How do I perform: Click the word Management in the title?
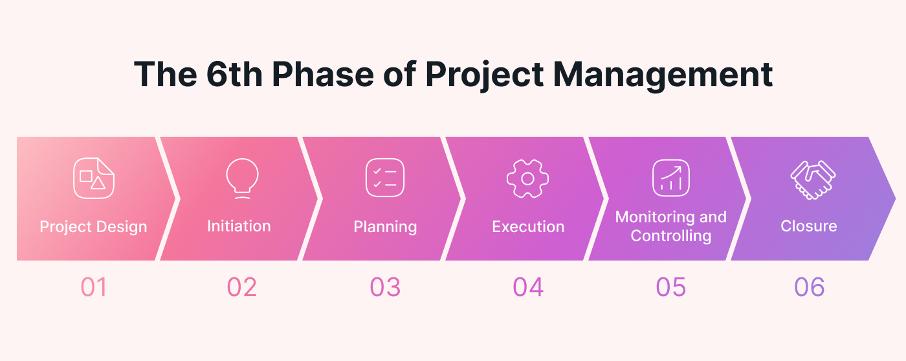tap(663, 75)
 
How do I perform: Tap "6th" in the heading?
tap(234, 74)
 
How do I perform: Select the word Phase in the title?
tap(323, 74)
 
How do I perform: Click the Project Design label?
tap(93, 227)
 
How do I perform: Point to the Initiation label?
tap(239, 226)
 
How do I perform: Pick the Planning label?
tap(385, 227)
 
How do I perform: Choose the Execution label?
tap(528, 226)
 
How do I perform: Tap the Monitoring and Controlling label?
tap(670, 226)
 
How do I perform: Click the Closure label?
tap(808, 226)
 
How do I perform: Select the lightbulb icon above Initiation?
tap(242, 178)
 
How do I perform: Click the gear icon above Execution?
tap(528, 179)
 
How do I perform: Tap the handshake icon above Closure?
tap(813, 180)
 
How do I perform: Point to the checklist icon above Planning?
tap(385, 178)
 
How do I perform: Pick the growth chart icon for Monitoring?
tap(671, 178)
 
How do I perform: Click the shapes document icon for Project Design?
tap(94, 178)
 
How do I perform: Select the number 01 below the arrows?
tap(94, 287)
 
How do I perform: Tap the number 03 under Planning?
tap(385, 287)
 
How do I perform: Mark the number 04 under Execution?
tap(528, 287)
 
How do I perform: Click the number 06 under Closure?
tap(809, 287)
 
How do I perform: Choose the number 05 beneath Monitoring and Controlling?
tap(670, 287)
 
